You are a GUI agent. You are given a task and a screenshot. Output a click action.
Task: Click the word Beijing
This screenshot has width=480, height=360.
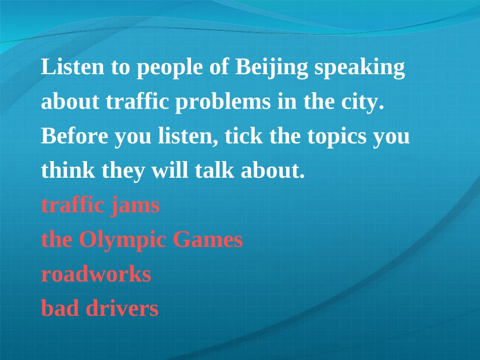pos(271,68)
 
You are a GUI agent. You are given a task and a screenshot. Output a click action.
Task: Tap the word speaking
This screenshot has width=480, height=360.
pos(359,68)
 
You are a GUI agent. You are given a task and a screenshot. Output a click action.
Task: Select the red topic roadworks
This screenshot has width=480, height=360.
pos(96,274)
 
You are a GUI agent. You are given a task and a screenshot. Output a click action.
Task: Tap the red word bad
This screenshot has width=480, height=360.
pos(61,308)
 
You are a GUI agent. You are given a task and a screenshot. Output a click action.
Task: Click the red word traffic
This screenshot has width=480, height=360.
pos(73,205)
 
